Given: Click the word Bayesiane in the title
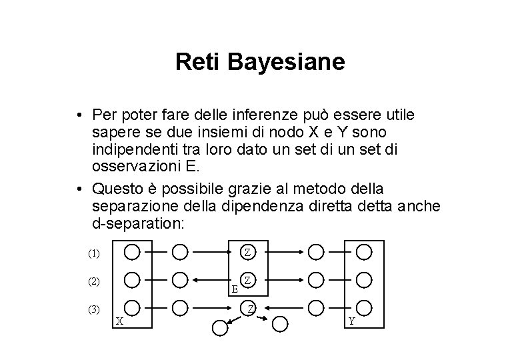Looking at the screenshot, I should [x=287, y=62].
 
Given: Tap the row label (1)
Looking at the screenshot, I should [x=94, y=253].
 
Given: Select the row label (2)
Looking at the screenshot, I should [x=94, y=281].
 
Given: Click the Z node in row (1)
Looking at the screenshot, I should [x=247, y=252].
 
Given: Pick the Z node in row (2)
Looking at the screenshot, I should [x=247, y=279].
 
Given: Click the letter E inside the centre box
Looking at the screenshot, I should [x=234, y=289].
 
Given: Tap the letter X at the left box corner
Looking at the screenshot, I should [x=119, y=321].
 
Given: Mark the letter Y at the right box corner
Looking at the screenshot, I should [x=351, y=321].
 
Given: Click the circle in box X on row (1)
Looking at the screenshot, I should [x=132, y=252].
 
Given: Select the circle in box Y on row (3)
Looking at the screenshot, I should [x=364, y=307].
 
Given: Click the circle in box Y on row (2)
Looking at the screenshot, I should [x=364, y=279].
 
